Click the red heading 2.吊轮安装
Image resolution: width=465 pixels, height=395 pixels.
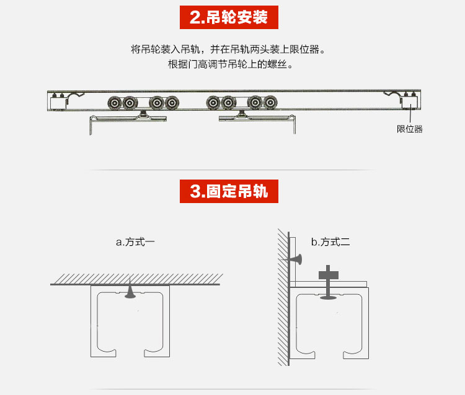pyautogui.click(x=232, y=17)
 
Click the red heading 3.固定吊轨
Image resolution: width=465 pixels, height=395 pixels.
pyautogui.click(x=232, y=191)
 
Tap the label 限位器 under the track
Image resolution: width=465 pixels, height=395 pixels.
pyautogui.click(x=409, y=129)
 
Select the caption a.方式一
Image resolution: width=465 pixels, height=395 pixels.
pyautogui.click(x=135, y=242)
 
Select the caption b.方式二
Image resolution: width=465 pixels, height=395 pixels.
pyautogui.click(x=330, y=242)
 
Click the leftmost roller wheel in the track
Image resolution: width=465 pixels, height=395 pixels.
pyautogui.click(x=114, y=103)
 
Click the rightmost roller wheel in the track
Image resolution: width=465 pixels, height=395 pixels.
pyautogui.click(x=270, y=103)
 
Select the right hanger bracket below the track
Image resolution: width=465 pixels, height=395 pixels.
pyautogui.click(x=257, y=121)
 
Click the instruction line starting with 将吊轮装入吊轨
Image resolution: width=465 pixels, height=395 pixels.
pyautogui.click(x=228, y=50)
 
